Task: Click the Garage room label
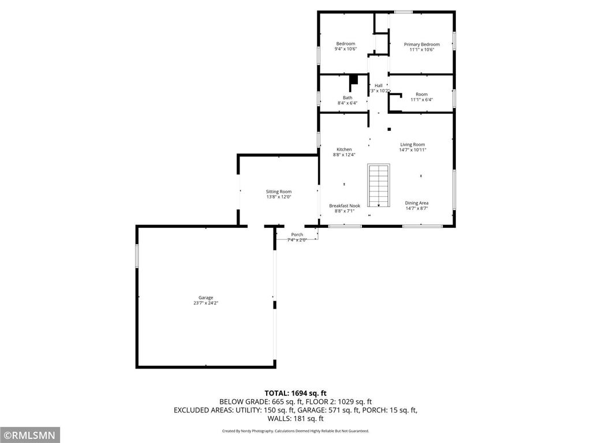coord(205,298)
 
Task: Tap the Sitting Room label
coord(279,192)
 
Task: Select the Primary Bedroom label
coord(421,44)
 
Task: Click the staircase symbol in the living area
coord(379,185)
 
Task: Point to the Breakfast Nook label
coord(345,206)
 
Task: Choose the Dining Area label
coord(416,203)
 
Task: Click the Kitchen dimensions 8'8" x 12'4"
coord(344,155)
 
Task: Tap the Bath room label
coord(347,97)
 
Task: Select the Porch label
coord(297,234)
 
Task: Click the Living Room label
coord(413,145)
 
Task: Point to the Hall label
coord(379,85)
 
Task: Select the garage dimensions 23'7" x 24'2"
coord(205,303)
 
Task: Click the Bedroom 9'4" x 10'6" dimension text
coord(346,49)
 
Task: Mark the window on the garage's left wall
coord(137,256)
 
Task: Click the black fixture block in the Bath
coord(354,80)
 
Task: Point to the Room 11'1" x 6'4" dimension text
coord(421,99)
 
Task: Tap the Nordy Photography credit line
coord(295,431)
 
